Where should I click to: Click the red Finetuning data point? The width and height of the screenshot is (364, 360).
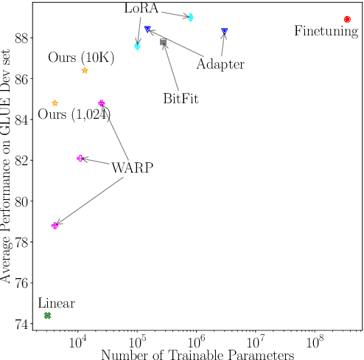(347, 19)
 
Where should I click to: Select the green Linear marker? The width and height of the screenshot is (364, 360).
(48, 315)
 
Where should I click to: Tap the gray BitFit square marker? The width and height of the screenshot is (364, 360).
(163, 42)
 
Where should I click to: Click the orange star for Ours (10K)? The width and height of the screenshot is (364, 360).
(85, 70)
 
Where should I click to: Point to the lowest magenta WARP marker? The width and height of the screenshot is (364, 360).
(55, 225)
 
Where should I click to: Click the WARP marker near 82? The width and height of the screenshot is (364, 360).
(80, 159)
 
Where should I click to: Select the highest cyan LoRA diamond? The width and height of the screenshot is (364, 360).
(191, 17)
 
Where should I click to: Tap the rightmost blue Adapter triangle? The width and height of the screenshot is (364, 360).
(225, 31)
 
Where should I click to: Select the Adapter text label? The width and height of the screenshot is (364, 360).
(221, 64)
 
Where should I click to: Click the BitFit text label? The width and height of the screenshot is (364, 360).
(181, 98)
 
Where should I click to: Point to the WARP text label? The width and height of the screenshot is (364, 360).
(133, 167)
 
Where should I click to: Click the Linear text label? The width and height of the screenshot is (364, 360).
(56, 302)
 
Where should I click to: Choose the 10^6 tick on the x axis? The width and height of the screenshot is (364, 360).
(196, 344)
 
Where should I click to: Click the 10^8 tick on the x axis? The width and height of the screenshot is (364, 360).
(315, 344)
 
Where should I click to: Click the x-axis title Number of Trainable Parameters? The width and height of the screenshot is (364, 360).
(197, 355)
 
